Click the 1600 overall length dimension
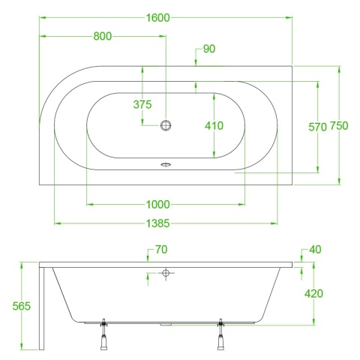pos(157,18)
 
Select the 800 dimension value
pos(103,36)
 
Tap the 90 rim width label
pos(209,49)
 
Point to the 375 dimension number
pos(142,104)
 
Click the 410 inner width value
pos(214,126)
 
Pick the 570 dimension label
pos(317,127)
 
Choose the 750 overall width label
pos(339,126)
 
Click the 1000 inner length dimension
pos(157,205)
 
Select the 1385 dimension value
pos(157,223)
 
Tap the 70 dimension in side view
pos(161,250)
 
